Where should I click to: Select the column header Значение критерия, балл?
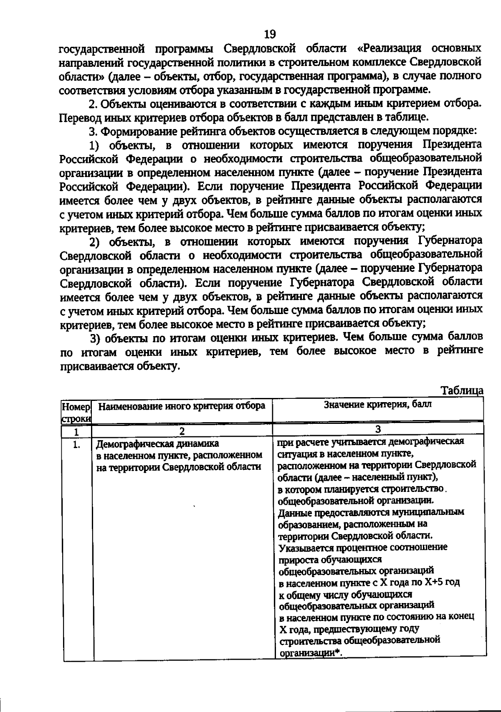[x=378, y=405]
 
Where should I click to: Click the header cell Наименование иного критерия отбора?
[x=182, y=406]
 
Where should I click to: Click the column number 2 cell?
[x=182, y=431]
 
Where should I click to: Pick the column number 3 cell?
[x=378, y=429]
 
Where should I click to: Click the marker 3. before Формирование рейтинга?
[x=93, y=131]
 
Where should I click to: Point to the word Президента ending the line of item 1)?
[x=452, y=145]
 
